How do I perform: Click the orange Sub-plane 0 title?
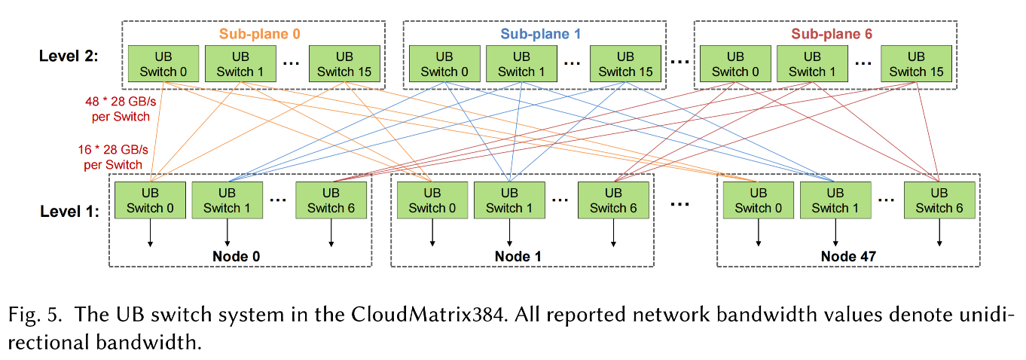(x=254, y=34)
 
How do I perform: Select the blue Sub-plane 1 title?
(x=541, y=34)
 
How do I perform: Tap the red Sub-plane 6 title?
(x=832, y=34)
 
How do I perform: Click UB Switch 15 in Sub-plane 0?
(x=344, y=65)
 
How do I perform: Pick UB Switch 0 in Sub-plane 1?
(x=444, y=65)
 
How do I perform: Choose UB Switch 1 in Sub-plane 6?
(x=812, y=65)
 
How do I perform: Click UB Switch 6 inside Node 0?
(x=331, y=201)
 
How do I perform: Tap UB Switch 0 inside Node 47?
(x=759, y=201)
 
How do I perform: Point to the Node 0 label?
(x=240, y=256)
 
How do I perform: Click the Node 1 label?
(x=518, y=256)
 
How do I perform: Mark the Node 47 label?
(x=848, y=256)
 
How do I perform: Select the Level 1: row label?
(x=69, y=212)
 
